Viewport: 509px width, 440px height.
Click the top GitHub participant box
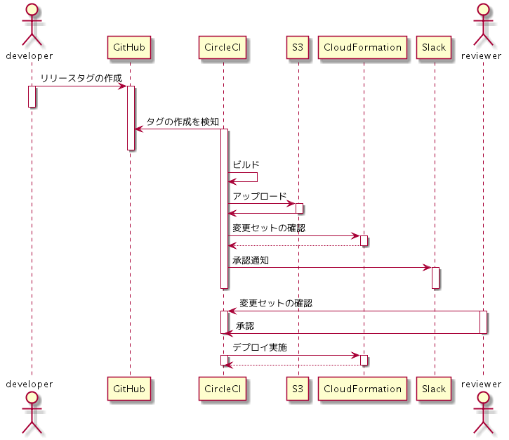tap(129, 48)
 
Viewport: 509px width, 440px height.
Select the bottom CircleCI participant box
tap(223, 388)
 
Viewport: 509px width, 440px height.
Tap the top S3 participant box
tap(298, 48)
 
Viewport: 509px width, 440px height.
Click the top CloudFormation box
tap(363, 48)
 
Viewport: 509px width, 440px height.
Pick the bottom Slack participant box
tap(434, 388)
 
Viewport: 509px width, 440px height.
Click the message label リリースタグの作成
tap(81, 78)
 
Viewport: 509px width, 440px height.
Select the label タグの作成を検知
tap(183, 122)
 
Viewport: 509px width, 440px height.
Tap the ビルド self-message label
tap(246, 164)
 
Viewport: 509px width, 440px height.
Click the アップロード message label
tap(260, 196)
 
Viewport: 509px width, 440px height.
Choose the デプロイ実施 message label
tap(260, 347)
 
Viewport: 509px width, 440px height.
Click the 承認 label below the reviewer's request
tap(245, 326)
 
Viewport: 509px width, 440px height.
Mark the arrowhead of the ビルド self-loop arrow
tap(232, 182)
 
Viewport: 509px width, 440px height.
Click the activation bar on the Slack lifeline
tap(435, 278)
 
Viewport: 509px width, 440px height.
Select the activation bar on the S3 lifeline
tap(299, 208)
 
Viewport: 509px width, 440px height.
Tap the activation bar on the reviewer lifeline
tap(484, 322)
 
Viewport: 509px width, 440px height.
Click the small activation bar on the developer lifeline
tap(32, 96)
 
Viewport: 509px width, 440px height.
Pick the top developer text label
tap(32, 56)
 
